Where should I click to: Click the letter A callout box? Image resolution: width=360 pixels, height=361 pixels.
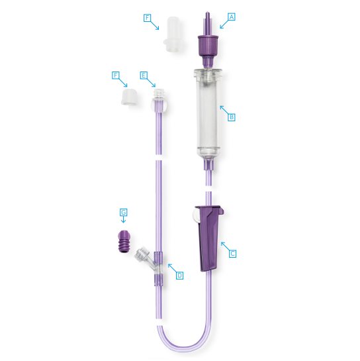(x=232, y=17)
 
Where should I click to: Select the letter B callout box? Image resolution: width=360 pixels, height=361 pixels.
(x=232, y=117)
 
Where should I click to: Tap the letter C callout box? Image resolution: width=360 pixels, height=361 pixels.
(x=232, y=254)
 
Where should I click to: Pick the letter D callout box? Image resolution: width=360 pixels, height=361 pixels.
(x=179, y=276)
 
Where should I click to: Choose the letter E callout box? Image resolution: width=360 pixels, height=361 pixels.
(x=144, y=76)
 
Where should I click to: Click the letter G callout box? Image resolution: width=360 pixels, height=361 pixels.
(x=124, y=212)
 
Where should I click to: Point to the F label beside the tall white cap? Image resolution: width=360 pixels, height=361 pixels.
(x=147, y=18)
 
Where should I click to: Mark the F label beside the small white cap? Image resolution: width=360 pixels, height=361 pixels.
(x=115, y=76)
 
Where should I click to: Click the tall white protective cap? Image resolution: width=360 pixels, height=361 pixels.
(x=173, y=34)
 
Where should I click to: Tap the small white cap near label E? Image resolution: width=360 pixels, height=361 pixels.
(x=130, y=97)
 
